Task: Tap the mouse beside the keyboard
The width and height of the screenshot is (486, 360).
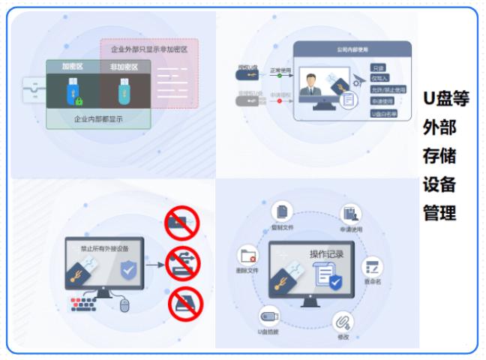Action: (x=124, y=304)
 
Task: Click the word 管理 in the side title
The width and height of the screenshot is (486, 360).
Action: (x=439, y=213)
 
